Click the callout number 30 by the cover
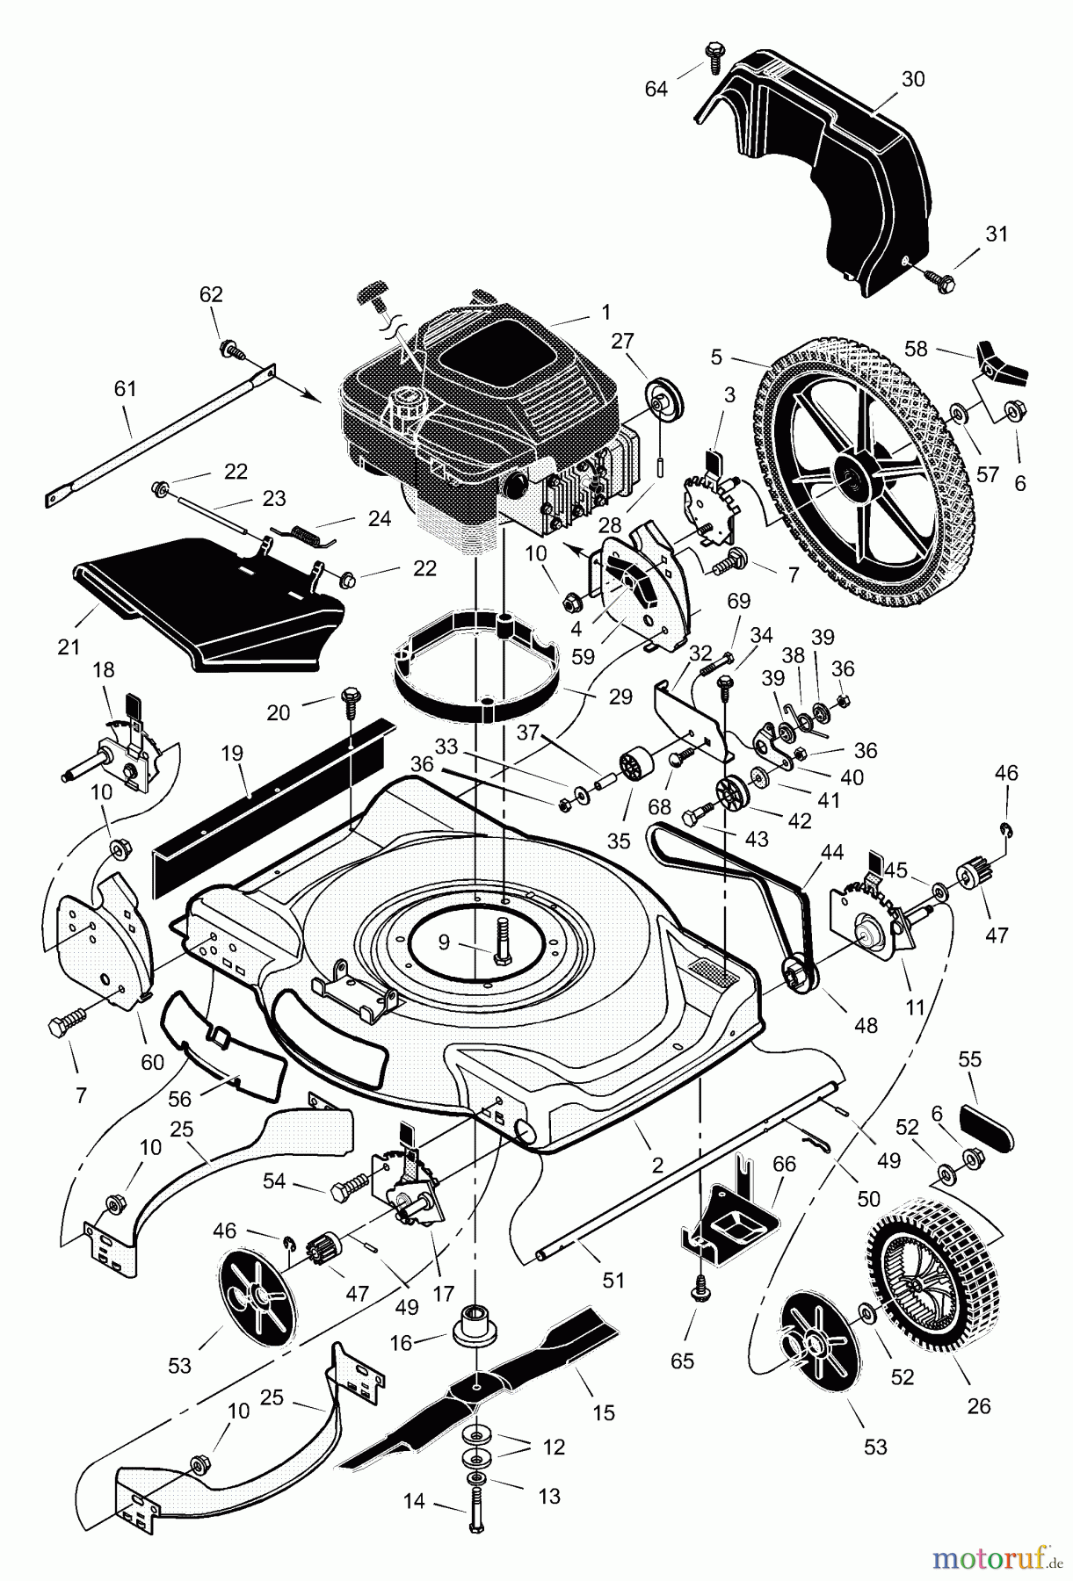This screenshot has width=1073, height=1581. coord(913,79)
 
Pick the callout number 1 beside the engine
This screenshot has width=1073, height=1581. coord(605,312)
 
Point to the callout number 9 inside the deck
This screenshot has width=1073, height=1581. coord(443,942)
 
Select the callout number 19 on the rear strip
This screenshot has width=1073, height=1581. coord(232,753)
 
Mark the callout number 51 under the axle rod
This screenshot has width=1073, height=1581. coord(613,1280)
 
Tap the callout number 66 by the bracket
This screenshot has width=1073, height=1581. coord(784,1164)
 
